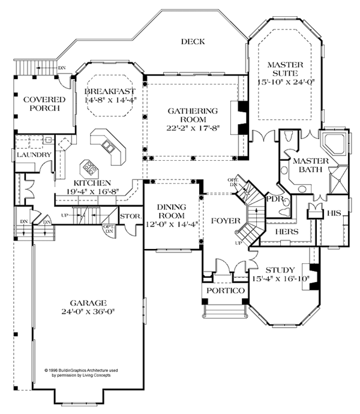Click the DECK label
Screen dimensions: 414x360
pos(193,41)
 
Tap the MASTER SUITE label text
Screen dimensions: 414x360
pos(285,71)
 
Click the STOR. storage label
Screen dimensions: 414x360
pos(130,215)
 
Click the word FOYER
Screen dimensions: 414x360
pos(226,220)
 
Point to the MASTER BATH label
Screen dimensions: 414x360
pos(308,166)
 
